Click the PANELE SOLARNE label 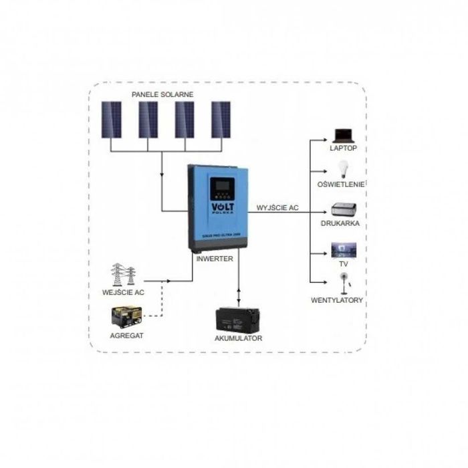[x=162, y=94]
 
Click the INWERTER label [x=215, y=258]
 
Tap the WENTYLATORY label [x=337, y=300]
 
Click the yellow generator [x=127, y=317]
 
